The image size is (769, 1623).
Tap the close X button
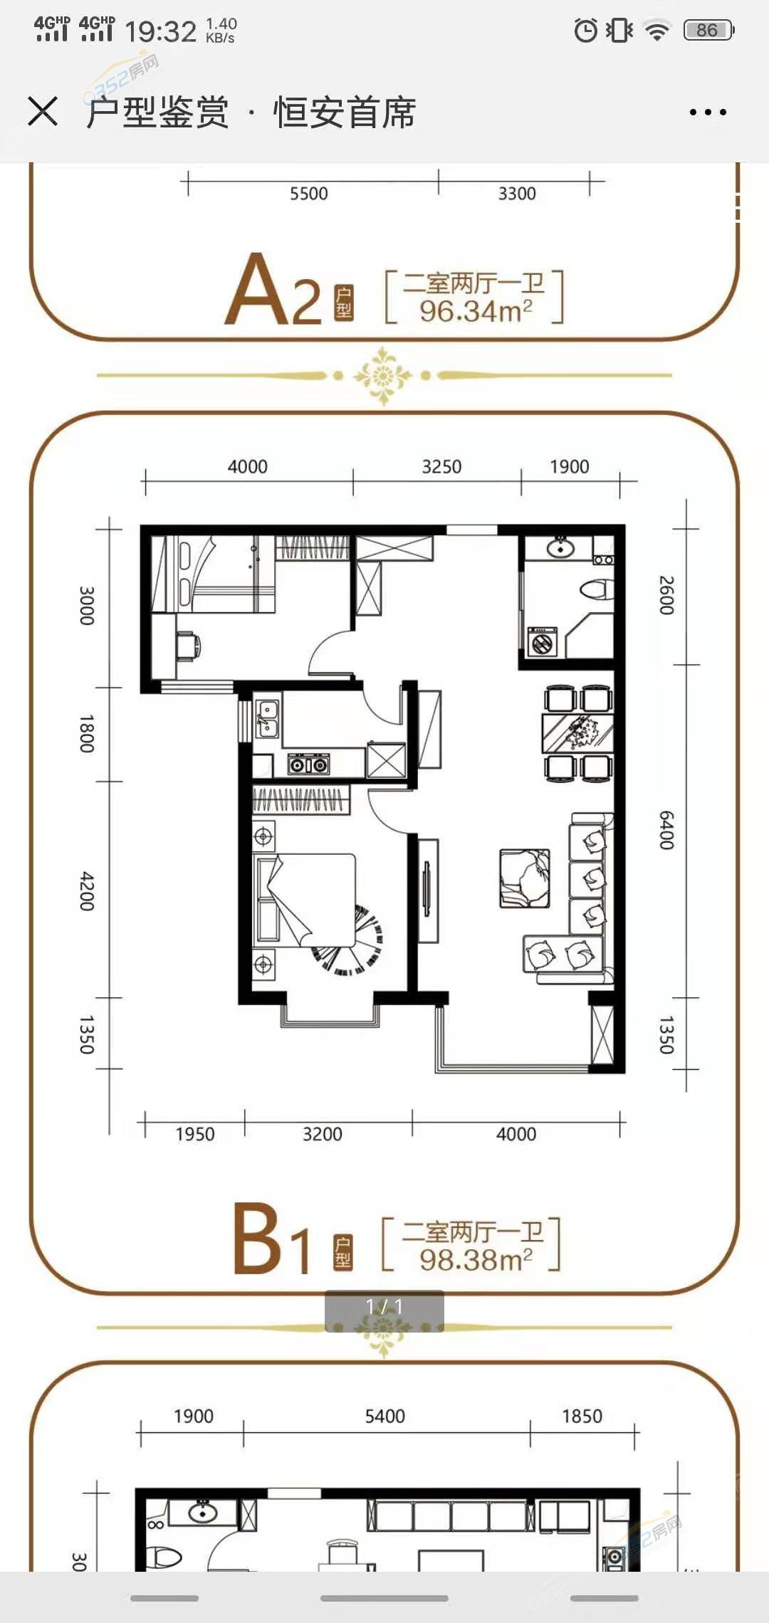(43, 112)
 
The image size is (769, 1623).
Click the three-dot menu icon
(708, 112)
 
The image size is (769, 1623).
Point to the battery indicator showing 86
(708, 30)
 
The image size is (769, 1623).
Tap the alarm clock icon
(586, 30)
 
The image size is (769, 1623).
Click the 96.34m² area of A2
(476, 311)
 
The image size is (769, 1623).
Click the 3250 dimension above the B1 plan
(441, 466)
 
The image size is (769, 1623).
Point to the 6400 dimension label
(666, 829)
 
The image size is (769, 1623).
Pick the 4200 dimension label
(87, 891)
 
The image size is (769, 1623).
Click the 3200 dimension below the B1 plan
(323, 1134)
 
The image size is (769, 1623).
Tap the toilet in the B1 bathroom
(597, 590)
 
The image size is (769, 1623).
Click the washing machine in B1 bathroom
(543, 641)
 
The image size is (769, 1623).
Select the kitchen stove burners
(308, 765)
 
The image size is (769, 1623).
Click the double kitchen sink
(267, 718)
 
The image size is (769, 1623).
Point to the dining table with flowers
(577, 733)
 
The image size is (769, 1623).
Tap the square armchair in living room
(525, 878)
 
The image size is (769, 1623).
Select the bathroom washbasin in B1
(562, 547)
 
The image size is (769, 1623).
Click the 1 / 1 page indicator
(384, 1306)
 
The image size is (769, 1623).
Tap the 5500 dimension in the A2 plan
(309, 194)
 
